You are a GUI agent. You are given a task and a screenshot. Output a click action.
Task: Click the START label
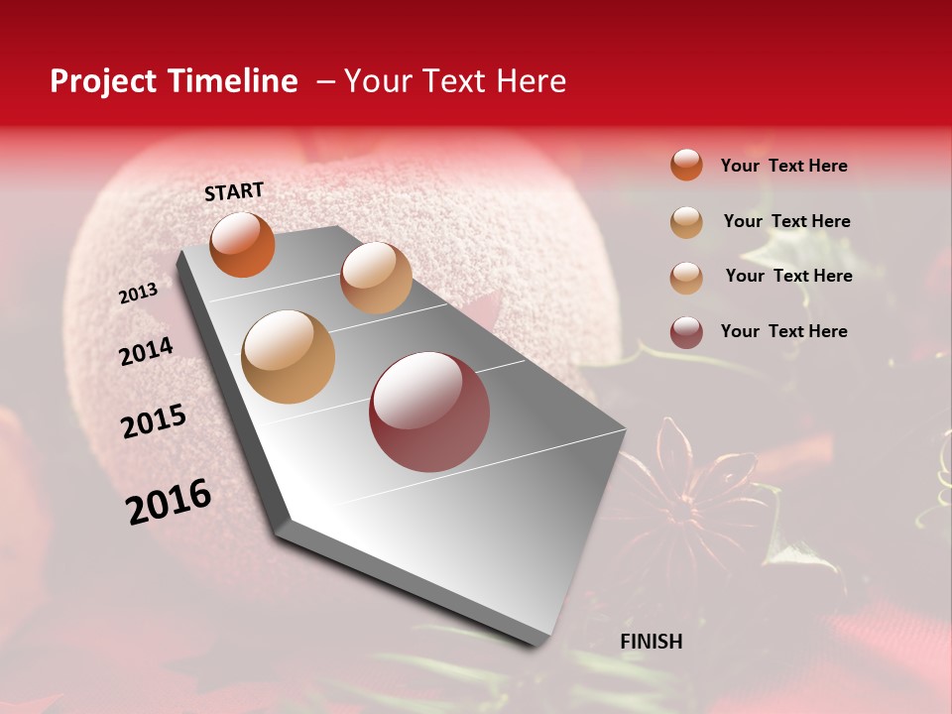(x=234, y=191)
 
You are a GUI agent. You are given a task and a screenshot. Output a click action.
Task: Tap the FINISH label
(x=652, y=642)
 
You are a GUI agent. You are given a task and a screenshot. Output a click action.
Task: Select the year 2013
(x=138, y=294)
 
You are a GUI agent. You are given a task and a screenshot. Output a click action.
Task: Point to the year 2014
(x=146, y=352)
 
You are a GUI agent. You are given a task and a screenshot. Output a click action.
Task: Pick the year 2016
(x=169, y=502)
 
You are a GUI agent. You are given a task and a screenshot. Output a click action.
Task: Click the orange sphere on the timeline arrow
(x=242, y=245)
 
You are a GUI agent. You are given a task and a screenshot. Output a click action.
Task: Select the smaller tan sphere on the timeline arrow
(x=376, y=278)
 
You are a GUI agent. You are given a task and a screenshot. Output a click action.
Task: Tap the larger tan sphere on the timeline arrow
(x=289, y=357)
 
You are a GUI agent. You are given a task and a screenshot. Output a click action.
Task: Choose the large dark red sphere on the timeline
(x=429, y=412)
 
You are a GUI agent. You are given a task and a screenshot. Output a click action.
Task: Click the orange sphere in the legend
(x=686, y=166)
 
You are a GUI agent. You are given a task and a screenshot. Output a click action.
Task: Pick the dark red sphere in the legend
(x=686, y=332)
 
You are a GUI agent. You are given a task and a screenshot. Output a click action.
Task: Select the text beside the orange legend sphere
(x=783, y=166)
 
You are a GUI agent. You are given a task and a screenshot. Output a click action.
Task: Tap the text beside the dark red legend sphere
(x=783, y=331)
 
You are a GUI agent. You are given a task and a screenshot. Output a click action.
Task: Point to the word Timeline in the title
(x=233, y=82)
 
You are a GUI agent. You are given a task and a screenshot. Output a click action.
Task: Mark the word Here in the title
(x=531, y=82)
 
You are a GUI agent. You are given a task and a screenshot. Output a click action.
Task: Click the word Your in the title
(x=378, y=82)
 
